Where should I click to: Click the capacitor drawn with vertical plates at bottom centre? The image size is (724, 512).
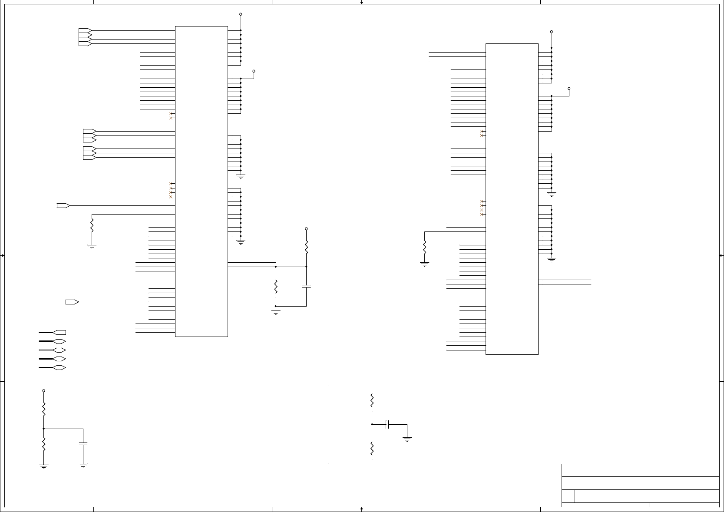pos(388,424)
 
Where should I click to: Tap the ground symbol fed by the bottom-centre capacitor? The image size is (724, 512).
pos(407,439)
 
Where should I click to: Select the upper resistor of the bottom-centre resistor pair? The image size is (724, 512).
pos(372,400)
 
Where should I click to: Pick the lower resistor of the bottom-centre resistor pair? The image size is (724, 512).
pos(372,449)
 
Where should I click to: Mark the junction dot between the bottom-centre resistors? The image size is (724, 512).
pos(372,424)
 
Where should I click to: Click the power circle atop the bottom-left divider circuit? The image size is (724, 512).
pos(43,391)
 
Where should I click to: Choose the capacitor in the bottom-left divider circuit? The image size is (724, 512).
pos(83,444)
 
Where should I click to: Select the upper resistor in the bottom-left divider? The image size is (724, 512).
pos(43,409)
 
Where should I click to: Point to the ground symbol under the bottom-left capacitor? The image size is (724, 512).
pos(83,466)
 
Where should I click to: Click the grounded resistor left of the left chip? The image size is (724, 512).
pos(92,225)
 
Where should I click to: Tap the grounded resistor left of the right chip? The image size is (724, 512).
pos(425,247)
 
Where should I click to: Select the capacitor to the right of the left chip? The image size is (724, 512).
pos(306,286)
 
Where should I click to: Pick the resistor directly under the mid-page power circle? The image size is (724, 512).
pos(306,248)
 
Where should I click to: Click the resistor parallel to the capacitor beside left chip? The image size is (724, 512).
pos(276,287)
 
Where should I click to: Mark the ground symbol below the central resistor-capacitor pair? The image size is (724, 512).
pos(276,311)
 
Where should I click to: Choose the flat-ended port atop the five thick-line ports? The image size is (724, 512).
pos(60,333)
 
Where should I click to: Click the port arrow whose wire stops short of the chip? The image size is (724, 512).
pos(72,302)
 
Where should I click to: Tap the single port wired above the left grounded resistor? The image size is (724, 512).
pos(63,205)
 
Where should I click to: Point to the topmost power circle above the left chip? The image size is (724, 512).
pos(241,14)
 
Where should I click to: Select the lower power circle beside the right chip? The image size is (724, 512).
pos(569,89)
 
